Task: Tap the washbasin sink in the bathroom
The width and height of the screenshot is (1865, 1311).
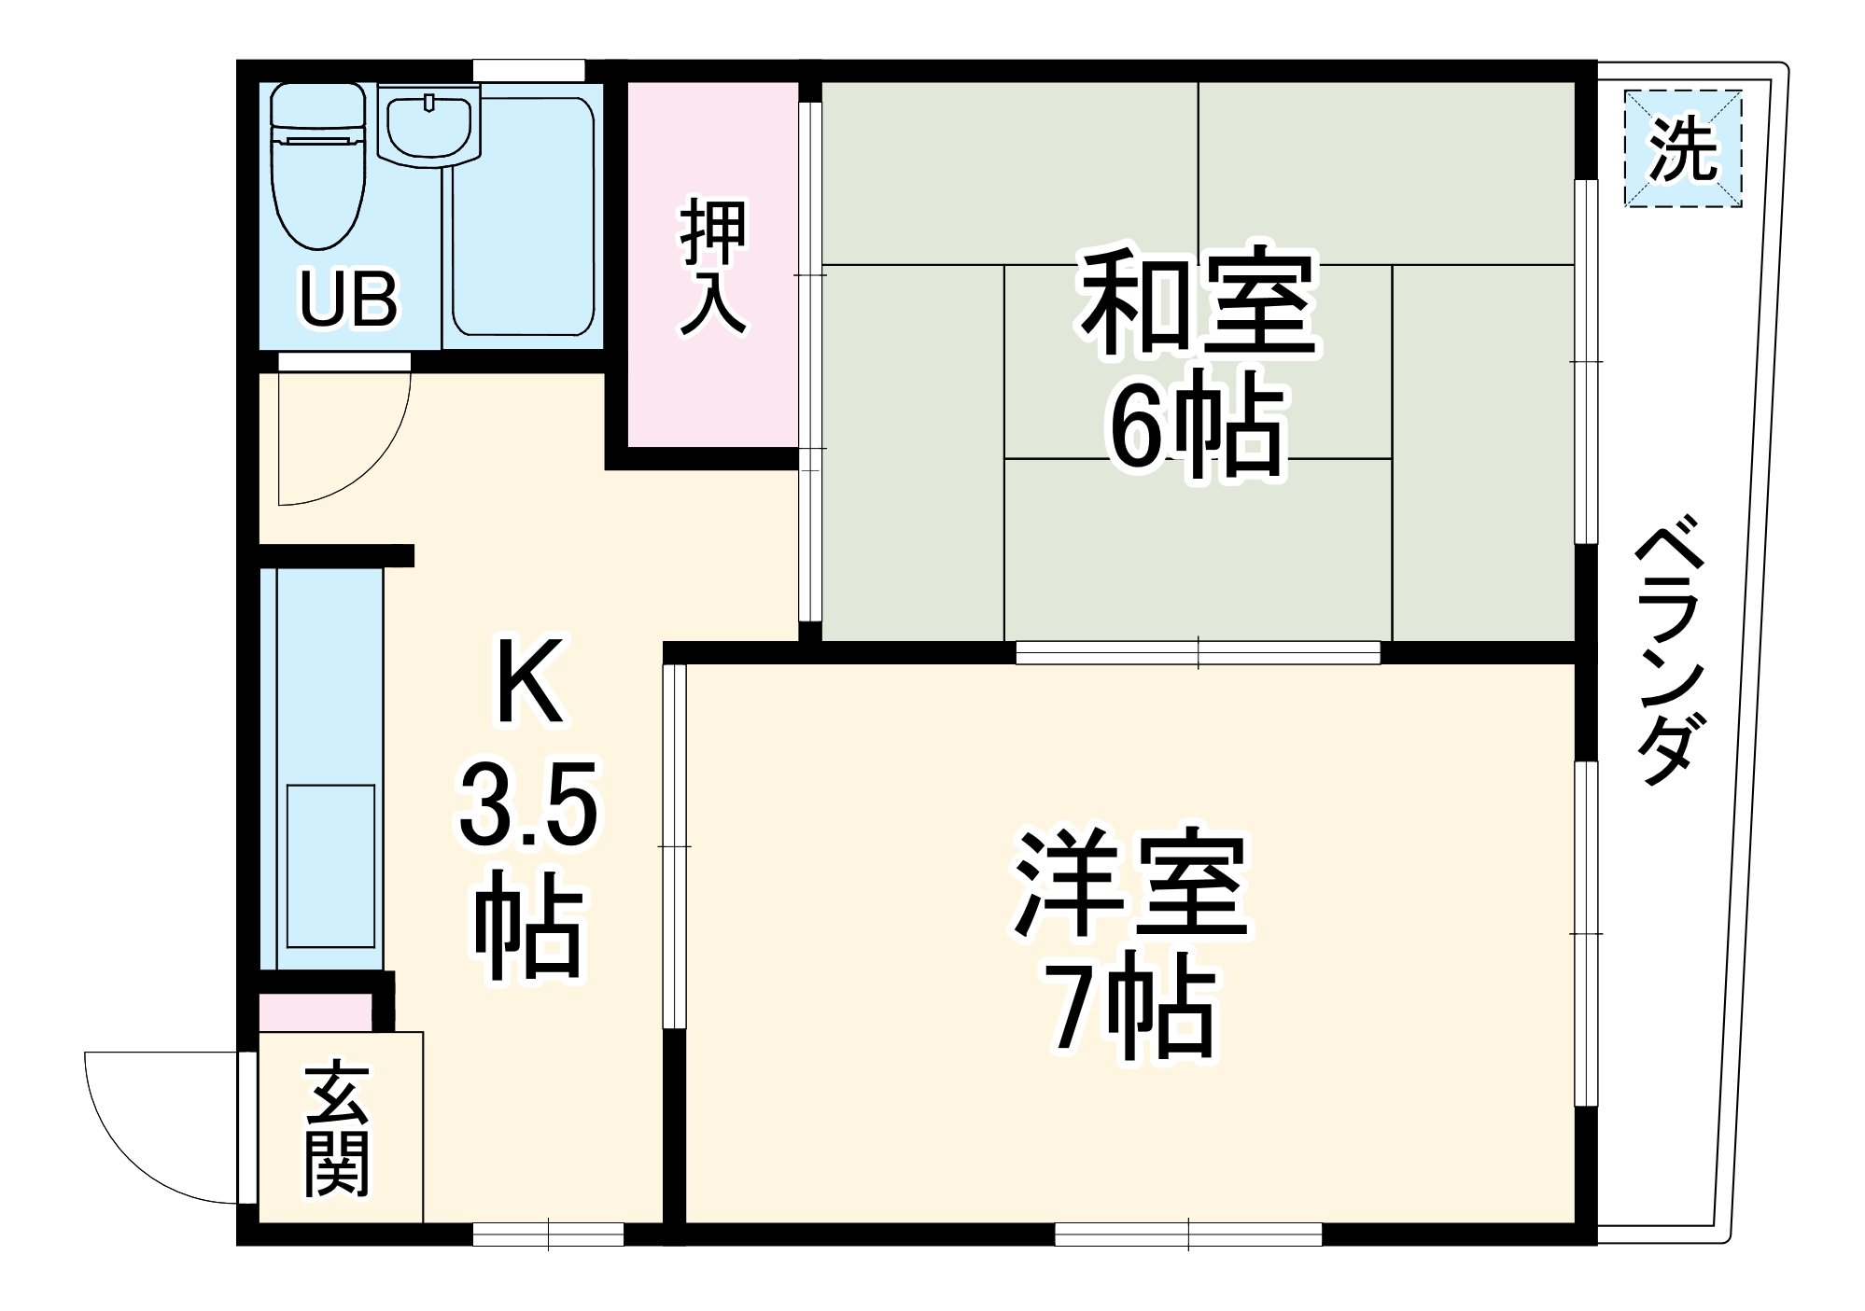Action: (428, 128)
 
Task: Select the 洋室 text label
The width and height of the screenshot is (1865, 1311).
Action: (1131, 884)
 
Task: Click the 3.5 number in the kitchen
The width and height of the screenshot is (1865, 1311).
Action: (527, 804)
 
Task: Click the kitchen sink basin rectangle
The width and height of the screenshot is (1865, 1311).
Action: (330, 866)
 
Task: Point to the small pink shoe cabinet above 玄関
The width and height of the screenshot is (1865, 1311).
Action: (315, 1013)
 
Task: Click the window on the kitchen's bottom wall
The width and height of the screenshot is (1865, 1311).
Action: (548, 1234)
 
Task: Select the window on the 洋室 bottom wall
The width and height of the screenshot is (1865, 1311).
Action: (1188, 1234)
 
